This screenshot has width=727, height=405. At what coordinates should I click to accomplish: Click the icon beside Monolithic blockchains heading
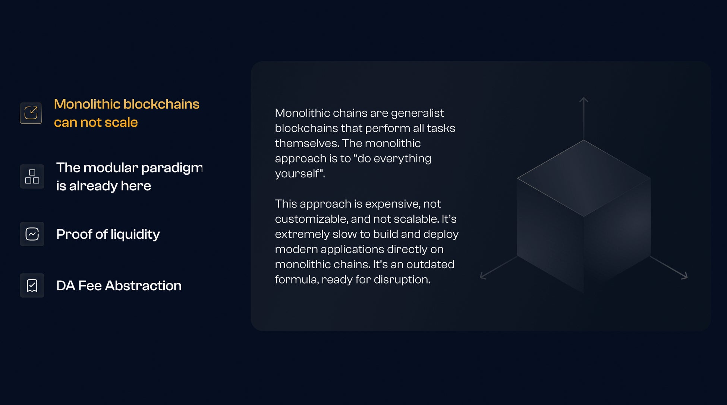pyautogui.click(x=31, y=113)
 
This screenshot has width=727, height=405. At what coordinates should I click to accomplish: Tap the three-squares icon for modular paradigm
pyautogui.click(x=32, y=177)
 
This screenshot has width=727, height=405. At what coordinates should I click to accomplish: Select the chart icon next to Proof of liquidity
pyautogui.click(x=32, y=234)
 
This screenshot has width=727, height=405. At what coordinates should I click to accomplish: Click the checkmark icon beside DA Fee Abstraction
pyautogui.click(x=32, y=285)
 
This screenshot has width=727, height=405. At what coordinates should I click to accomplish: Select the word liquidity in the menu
pyautogui.click(x=135, y=234)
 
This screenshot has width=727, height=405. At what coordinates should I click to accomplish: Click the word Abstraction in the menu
pyautogui.click(x=143, y=286)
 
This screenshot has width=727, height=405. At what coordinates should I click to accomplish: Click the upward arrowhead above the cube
pyautogui.click(x=584, y=100)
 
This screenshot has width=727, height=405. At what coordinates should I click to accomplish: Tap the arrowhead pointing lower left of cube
pyautogui.click(x=483, y=276)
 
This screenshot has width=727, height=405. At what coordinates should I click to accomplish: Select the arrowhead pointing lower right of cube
pyautogui.click(x=684, y=276)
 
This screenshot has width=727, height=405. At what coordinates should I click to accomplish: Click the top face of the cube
pyautogui.click(x=584, y=178)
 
